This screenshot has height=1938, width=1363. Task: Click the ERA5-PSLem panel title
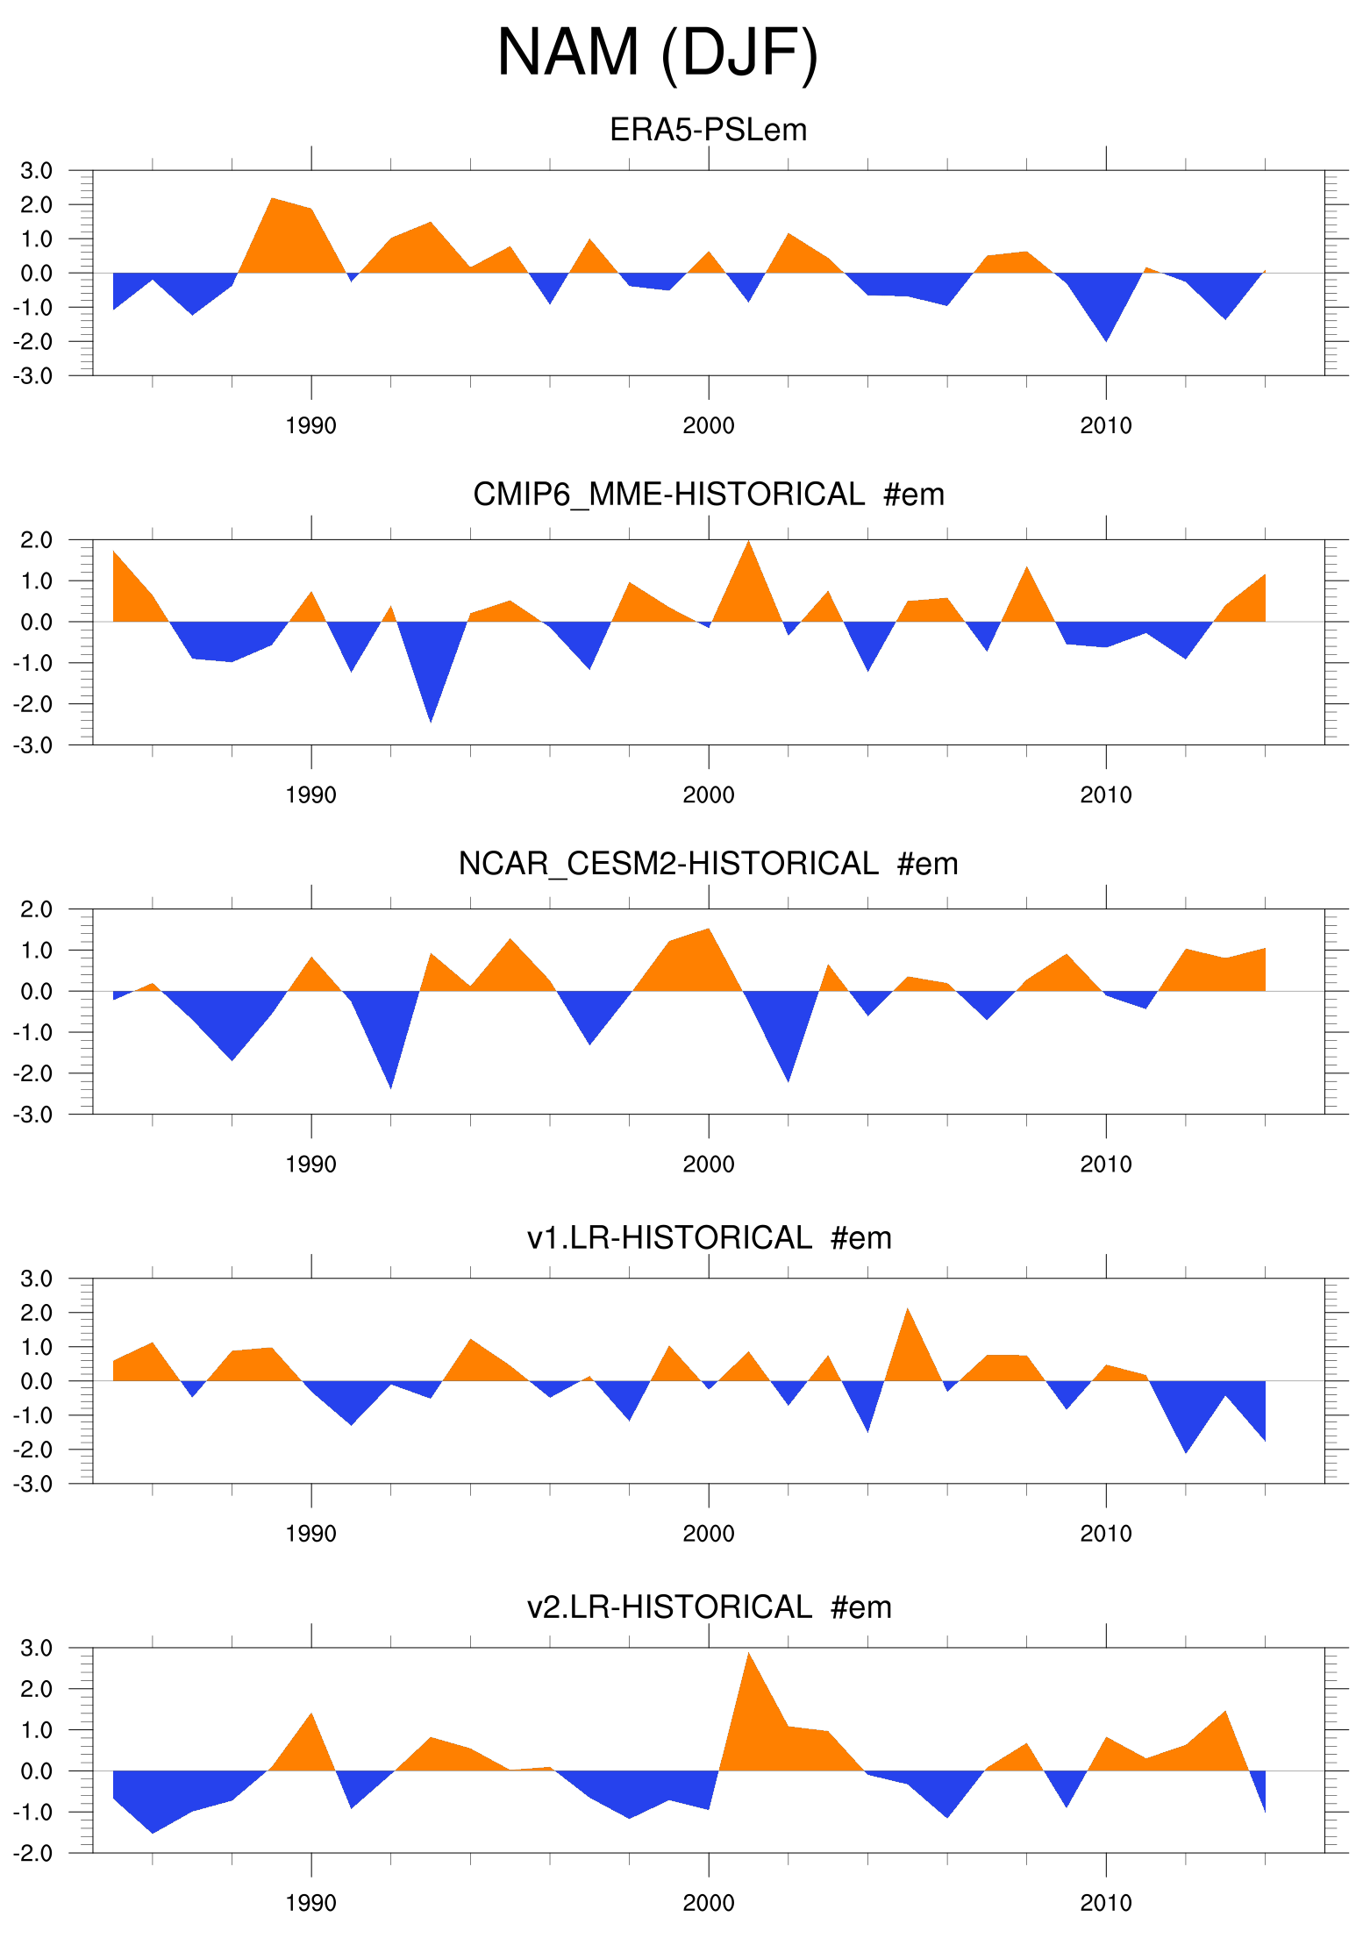tap(708, 130)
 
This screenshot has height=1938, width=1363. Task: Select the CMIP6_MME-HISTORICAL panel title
tap(708, 495)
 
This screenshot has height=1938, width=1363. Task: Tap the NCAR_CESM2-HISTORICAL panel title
tap(708, 864)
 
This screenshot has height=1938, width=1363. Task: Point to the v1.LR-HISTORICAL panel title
tap(708, 1237)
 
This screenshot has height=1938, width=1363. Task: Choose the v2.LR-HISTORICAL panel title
tap(708, 1607)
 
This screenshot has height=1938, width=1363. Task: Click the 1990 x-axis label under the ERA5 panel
tap(310, 426)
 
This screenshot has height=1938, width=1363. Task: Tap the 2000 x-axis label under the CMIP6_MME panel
tap(708, 795)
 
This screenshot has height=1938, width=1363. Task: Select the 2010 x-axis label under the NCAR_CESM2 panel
tap(1105, 1165)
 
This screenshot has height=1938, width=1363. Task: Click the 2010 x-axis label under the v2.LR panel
tap(1105, 1903)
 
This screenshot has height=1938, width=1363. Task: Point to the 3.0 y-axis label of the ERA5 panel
tap(36, 170)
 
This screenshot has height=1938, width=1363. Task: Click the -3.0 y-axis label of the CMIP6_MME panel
tap(32, 745)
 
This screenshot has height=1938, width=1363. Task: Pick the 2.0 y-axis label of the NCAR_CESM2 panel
tap(36, 909)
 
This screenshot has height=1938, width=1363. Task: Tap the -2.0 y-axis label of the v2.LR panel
tap(32, 1853)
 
